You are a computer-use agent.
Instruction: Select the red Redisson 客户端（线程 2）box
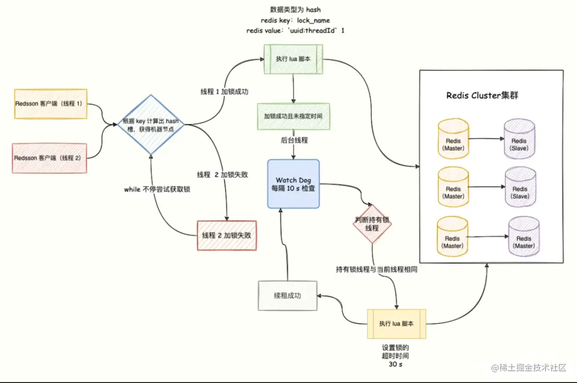pyautogui.click(x=50, y=158)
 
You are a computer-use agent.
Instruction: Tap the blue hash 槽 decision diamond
pyautogui.click(x=151, y=124)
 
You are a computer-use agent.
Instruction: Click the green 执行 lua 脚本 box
pyautogui.click(x=293, y=60)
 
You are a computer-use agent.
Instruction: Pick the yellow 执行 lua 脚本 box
pyautogui.click(x=397, y=324)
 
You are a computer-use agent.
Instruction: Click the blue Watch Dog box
pyautogui.click(x=293, y=184)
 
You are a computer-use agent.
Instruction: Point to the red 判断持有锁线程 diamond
pyautogui.click(x=372, y=224)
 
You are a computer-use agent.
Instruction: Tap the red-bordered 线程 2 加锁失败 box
pyautogui.click(x=227, y=235)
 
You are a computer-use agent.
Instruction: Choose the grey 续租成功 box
pyautogui.click(x=287, y=296)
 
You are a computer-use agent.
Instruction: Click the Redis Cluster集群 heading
pyautogui.click(x=482, y=96)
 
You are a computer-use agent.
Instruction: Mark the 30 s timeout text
pyautogui.click(x=396, y=364)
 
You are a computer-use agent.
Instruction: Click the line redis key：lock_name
pyautogui.click(x=295, y=21)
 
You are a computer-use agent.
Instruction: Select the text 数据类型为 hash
pyautogui.click(x=295, y=10)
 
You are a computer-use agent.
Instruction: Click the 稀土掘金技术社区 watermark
pyautogui.click(x=529, y=368)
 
